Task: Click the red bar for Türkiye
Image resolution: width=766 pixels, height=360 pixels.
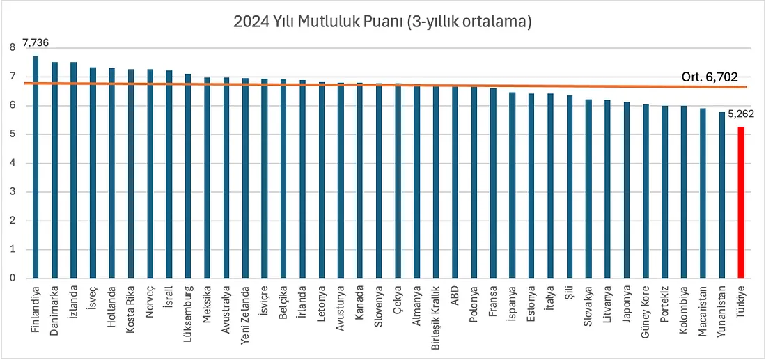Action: pyautogui.click(x=742, y=202)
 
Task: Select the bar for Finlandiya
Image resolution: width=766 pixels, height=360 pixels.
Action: pyautogui.click(x=36, y=167)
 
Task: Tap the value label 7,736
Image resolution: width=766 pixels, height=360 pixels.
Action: pyautogui.click(x=36, y=43)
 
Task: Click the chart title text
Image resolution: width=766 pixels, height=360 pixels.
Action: pyautogui.click(x=383, y=22)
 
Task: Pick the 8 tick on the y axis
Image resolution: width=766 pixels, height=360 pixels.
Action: pyautogui.click(x=13, y=48)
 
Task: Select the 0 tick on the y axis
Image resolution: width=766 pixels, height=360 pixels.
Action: pyautogui.click(x=13, y=279)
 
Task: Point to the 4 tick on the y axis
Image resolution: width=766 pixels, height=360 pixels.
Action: pyautogui.click(x=13, y=164)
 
